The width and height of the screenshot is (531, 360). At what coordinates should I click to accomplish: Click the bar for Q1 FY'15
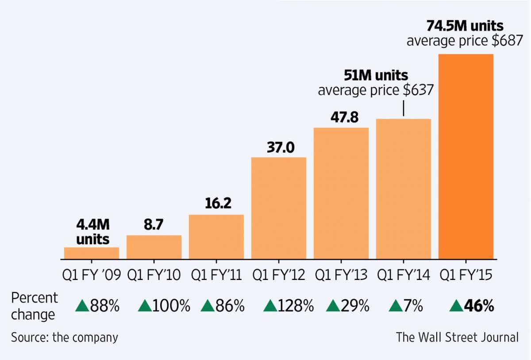[x=466, y=157]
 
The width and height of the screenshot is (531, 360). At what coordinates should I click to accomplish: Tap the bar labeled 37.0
[x=279, y=208]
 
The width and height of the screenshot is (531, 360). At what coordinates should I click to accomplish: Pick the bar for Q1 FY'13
[x=341, y=193]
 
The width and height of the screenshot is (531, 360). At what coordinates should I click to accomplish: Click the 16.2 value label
[x=216, y=204]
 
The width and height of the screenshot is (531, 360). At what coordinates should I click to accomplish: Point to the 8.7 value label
[x=154, y=225]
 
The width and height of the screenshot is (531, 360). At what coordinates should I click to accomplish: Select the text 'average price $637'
[x=375, y=90]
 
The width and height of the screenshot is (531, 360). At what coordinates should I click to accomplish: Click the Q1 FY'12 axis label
[x=279, y=275]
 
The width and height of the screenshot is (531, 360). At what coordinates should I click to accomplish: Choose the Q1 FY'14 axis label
[x=404, y=275]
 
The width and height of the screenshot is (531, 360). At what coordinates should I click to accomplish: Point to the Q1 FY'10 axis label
[x=154, y=275]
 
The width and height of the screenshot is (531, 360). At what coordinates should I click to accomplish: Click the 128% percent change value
[x=296, y=306]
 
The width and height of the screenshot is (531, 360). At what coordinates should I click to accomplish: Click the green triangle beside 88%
[x=82, y=306]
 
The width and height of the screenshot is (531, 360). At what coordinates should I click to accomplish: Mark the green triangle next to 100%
[x=145, y=306]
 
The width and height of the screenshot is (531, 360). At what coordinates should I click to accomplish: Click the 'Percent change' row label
[x=34, y=306]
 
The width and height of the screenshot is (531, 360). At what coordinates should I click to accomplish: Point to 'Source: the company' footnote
[x=65, y=337]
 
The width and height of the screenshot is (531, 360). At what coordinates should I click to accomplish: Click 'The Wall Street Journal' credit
[x=457, y=337]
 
